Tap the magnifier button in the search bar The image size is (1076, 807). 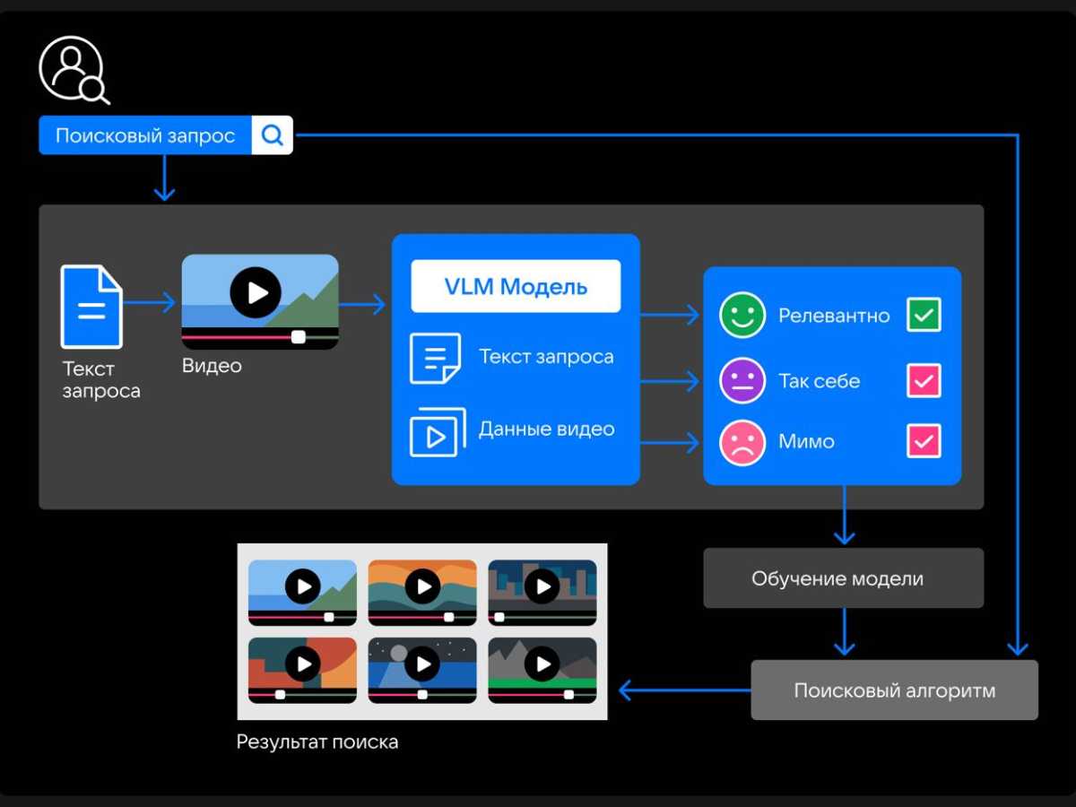pos(273,135)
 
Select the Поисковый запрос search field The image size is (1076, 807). pos(145,135)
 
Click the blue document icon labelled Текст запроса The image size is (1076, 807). pos(91,307)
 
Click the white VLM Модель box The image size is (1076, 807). pos(516,286)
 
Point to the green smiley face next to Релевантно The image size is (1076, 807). pos(742,315)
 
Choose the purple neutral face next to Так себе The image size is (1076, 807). pos(742,380)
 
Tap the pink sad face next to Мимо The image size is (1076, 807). pos(742,442)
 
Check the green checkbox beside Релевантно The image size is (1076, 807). pos(924,315)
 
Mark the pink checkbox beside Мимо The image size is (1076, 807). pos(924,442)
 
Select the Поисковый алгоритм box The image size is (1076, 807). pos(894,690)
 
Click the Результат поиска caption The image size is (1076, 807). pos(317,742)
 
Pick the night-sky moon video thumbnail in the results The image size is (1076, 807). pos(422,669)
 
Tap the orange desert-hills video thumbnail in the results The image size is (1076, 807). pos(422,592)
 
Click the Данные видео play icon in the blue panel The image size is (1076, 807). pos(437,433)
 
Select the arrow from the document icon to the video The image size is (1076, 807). pos(150,303)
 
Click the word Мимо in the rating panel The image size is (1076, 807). pos(807,442)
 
